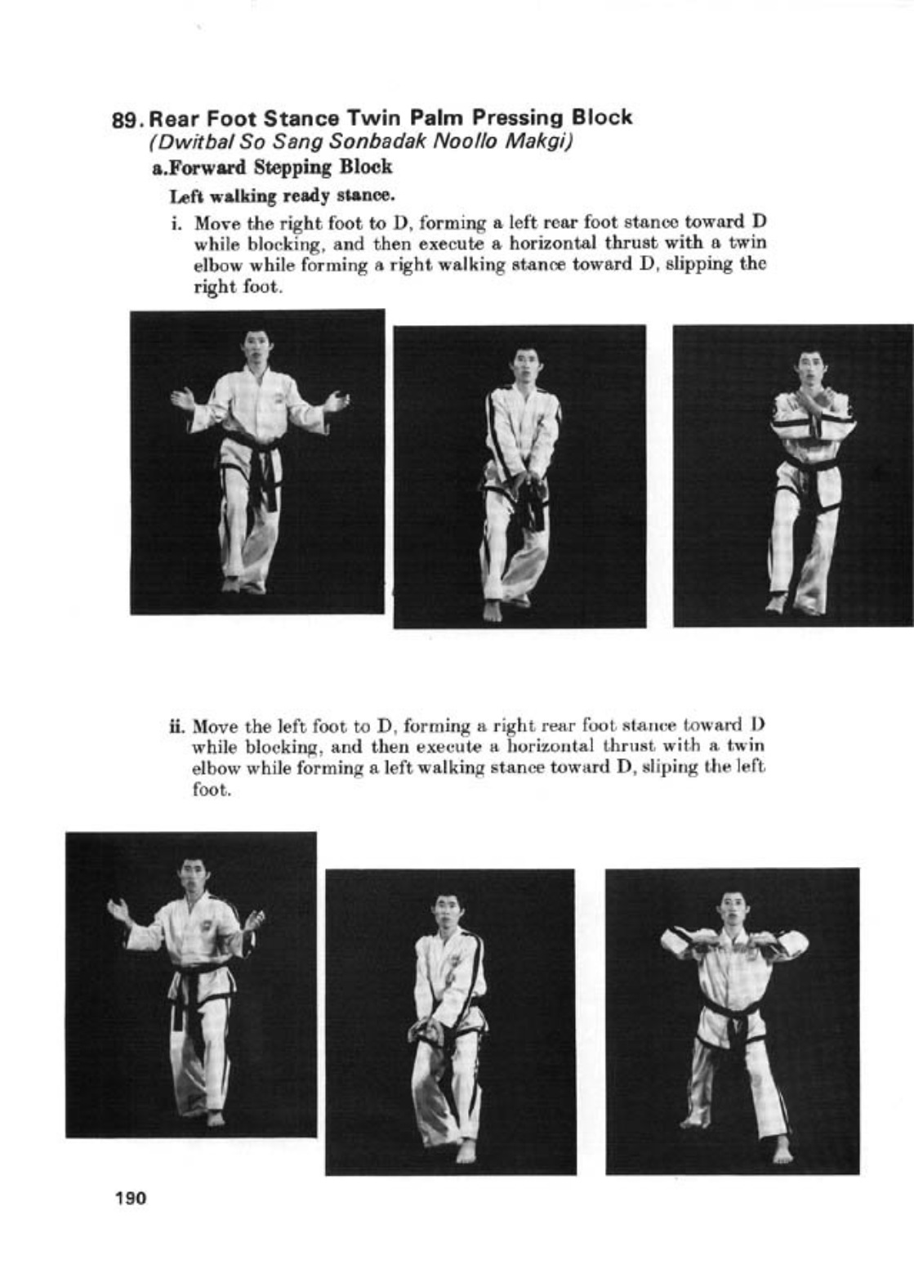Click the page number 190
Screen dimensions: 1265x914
pos(130,1199)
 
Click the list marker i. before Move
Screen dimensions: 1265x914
pos(177,223)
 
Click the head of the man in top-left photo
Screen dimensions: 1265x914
pos(256,349)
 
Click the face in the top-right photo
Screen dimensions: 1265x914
pos(809,368)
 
